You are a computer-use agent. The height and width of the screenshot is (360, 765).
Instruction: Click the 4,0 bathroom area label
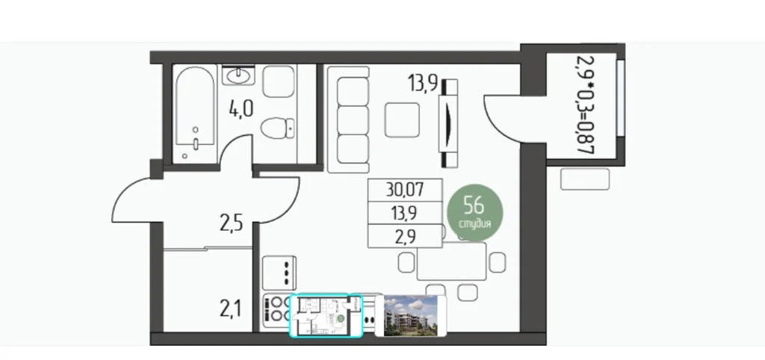(x=241, y=110)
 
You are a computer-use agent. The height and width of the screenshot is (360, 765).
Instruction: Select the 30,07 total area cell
(x=405, y=190)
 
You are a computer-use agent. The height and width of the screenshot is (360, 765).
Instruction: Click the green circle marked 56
(x=475, y=211)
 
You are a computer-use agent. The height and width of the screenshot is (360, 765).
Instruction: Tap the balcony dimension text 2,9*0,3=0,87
(x=583, y=104)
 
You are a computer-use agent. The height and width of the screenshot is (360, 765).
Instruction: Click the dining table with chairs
(x=450, y=263)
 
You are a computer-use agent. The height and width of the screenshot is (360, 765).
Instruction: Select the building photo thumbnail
(x=410, y=316)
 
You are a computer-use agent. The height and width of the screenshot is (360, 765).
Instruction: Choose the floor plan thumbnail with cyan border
(x=325, y=315)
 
